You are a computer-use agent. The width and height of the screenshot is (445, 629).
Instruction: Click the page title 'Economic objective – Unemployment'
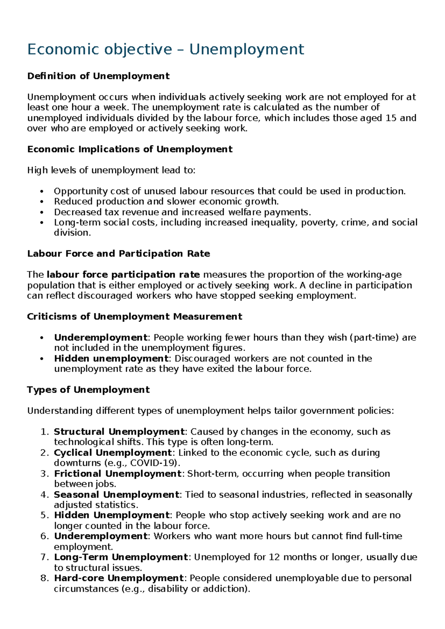coord(165,49)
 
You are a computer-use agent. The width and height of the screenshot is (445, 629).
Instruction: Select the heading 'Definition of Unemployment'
coord(98,76)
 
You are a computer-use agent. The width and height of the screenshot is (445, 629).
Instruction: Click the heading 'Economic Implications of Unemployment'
coord(130,149)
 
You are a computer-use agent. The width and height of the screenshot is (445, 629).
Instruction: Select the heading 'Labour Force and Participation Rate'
coord(119,254)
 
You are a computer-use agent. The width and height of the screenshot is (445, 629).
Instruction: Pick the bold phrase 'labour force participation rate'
coord(123,275)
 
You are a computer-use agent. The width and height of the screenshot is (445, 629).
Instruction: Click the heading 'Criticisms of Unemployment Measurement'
coord(135,317)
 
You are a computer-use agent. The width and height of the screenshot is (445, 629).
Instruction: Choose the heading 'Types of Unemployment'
coord(88,390)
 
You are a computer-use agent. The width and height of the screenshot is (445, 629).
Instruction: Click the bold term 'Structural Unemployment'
coord(119,432)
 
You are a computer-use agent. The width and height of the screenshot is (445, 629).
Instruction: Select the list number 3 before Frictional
coord(44,474)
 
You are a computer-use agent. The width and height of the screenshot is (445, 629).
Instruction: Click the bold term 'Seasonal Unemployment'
coord(116,495)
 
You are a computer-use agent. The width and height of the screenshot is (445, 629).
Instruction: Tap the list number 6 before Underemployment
coord(44,536)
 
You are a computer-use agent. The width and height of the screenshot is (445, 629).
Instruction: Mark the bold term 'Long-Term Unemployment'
coord(121,557)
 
